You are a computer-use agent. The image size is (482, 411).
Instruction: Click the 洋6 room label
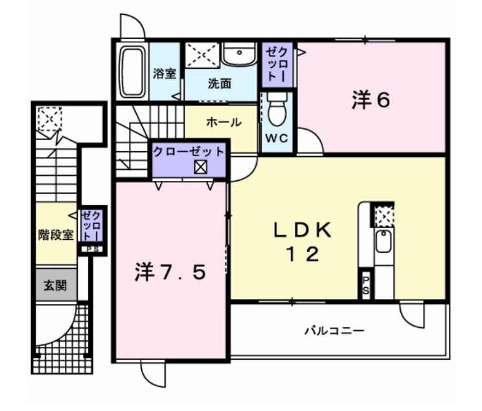pos(371,100)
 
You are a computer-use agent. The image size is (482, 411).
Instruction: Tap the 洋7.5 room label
pos(170,273)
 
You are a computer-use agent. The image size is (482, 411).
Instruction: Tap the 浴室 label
pos(165,73)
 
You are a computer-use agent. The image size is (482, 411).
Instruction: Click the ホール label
pos(224,122)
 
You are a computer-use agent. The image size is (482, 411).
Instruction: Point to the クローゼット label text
pos(189,152)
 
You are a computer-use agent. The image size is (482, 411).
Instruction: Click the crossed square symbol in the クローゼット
pos(200,167)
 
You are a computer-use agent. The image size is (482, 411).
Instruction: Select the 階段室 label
pos(55,235)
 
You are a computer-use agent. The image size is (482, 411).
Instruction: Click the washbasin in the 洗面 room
pos(240,57)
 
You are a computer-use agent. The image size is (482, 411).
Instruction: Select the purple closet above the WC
pos(277,64)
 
